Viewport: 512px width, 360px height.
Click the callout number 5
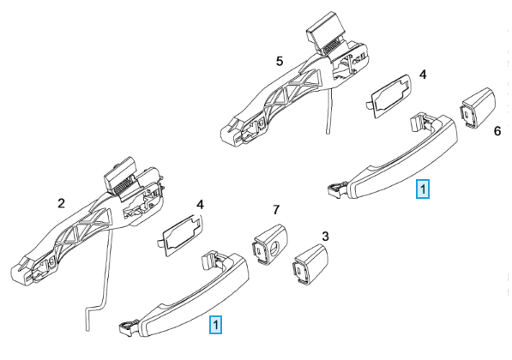(280, 62)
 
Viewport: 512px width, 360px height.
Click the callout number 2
(61, 203)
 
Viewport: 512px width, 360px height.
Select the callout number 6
(497, 131)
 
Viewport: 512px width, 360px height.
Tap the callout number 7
(276, 210)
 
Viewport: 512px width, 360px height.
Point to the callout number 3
(325, 237)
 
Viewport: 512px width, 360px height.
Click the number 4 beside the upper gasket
(423, 75)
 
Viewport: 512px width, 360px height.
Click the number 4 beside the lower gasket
(200, 205)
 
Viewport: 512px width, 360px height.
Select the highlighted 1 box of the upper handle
(423, 189)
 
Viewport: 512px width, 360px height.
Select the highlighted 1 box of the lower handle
(215, 325)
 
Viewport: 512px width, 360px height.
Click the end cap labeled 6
(479, 108)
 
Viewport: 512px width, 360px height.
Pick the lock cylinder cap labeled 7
(269, 245)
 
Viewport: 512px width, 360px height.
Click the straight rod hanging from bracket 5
(330, 110)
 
